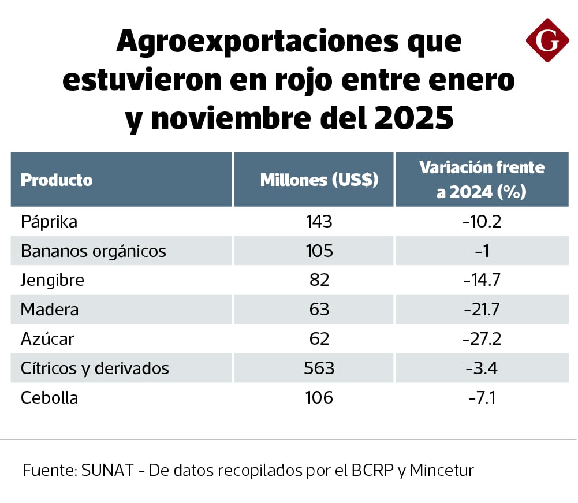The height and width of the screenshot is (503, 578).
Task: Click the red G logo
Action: coord(547,40)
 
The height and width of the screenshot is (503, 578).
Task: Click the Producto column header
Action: coord(57,180)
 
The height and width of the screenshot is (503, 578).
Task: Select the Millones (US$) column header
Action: coord(319,180)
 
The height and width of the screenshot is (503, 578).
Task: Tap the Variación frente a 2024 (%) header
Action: coord(482,180)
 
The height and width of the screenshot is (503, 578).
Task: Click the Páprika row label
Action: coord(49,222)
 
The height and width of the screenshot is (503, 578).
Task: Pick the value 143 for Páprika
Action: coord(319,222)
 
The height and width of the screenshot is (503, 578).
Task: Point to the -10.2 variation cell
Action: coord(482,222)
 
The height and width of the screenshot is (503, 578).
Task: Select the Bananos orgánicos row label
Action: coord(93,251)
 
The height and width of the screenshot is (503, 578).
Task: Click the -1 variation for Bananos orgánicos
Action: coord(482,251)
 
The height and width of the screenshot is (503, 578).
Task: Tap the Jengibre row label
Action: coord(52,281)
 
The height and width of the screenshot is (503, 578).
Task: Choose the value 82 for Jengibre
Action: coord(319,281)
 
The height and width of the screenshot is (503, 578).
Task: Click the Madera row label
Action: coord(49,310)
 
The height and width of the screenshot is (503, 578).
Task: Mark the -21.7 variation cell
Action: coord(482,310)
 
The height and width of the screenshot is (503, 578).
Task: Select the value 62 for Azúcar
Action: coord(319,338)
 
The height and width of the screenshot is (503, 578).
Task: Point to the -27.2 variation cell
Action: coord(482,338)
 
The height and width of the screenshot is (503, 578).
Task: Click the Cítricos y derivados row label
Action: coord(95,368)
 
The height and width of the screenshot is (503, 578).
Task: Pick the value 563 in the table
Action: coord(319,368)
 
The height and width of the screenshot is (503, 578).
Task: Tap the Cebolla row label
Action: coord(49,397)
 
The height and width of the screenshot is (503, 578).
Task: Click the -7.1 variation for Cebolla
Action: coord(482,397)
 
